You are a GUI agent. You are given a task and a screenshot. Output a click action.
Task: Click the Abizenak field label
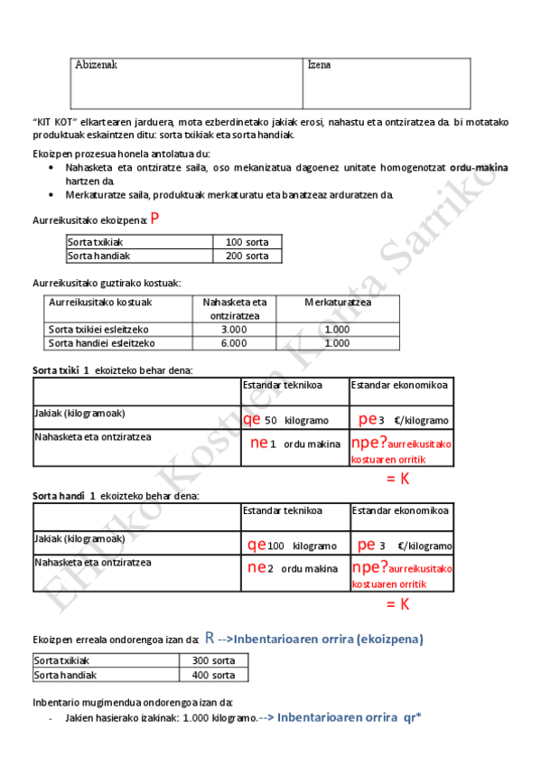(96, 65)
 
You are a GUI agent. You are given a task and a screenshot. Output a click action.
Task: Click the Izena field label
(319, 65)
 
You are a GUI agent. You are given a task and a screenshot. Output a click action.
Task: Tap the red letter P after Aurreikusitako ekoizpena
(155, 219)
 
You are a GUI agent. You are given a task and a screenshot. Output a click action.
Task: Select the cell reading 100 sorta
(247, 242)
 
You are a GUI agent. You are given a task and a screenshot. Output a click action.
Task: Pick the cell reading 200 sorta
(247, 256)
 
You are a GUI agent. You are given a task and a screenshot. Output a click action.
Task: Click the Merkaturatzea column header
(338, 302)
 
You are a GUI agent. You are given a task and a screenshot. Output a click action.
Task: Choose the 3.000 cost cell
(234, 329)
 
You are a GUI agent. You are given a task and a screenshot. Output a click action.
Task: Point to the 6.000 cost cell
(234, 342)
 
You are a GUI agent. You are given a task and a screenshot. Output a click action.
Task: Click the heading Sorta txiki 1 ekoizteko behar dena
(112, 370)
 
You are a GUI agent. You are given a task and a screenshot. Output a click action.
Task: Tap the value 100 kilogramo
(302, 546)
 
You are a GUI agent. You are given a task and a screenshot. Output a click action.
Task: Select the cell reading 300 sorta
(213, 660)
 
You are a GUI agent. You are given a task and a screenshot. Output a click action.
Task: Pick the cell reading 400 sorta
(213, 674)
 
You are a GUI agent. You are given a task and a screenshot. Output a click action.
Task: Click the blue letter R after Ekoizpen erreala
(210, 637)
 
